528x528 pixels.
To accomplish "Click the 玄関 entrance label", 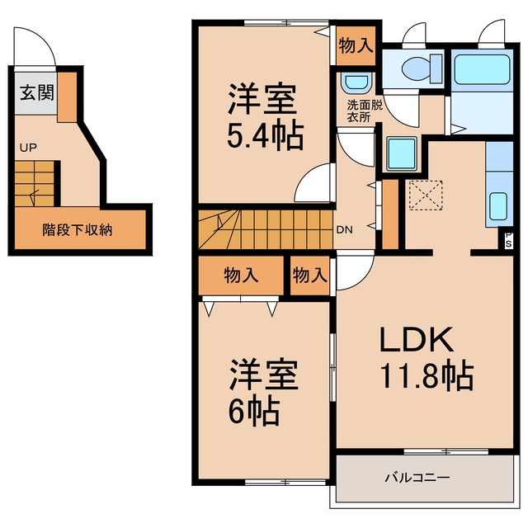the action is tap(36, 92).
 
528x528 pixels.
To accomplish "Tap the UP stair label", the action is tap(28, 148).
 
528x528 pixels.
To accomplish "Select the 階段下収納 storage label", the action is tap(77, 229).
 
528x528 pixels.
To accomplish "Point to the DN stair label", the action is tap(345, 230).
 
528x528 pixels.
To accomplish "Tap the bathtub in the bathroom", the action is tap(482, 69).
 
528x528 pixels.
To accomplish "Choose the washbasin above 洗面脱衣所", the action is tap(356, 82).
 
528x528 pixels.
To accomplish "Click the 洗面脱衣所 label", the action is tap(365, 111).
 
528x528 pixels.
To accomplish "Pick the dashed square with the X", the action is tap(426, 196).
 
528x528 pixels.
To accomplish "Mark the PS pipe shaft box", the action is tap(508, 240).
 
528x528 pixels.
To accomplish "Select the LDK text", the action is tap(416, 339).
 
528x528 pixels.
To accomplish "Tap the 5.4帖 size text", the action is tap(266, 135).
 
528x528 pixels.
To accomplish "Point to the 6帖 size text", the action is tap(254, 411).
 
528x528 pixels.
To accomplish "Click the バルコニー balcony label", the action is tap(417, 478).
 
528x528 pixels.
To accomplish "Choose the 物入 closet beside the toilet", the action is tap(356, 45).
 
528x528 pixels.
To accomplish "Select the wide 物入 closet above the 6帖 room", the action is tap(241, 275).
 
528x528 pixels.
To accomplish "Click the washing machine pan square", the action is tap(402, 154).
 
